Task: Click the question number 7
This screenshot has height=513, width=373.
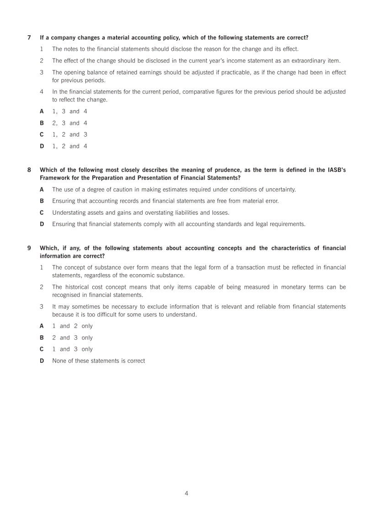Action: tap(29, 37)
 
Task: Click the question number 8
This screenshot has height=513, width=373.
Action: tap(29, 170)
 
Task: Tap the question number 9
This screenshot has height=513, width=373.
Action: tap(29, 248)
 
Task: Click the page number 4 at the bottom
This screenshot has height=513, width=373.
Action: tap(186, 493)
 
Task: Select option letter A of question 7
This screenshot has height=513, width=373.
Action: tap(42, 111)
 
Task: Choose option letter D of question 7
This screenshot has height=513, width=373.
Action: tap(42, 146)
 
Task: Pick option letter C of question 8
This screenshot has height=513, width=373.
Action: tap(42, 212)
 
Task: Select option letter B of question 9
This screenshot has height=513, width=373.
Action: tap(42, 338)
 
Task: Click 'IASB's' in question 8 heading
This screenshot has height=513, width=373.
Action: tap(336, 170)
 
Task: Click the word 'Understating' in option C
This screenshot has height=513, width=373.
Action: tap(69, 212)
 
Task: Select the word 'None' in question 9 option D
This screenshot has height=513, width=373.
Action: tap(59, 361)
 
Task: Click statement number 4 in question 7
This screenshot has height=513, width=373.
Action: tap(42, 92)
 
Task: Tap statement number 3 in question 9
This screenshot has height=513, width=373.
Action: tap(42, 307)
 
